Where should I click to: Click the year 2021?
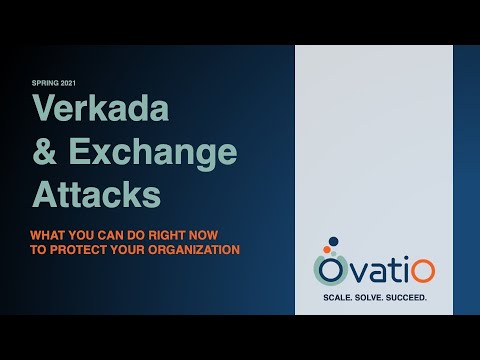(64, 83)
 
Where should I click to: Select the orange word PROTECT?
(78, 249)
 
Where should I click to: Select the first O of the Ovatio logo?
(329, 271)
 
